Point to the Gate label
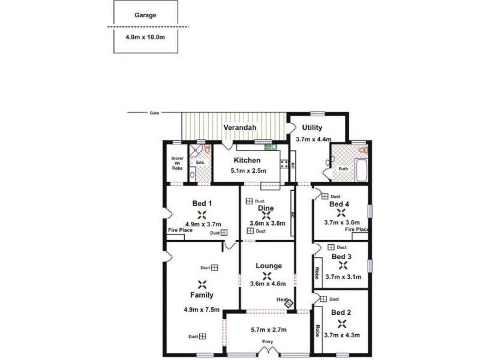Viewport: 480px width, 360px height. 154,113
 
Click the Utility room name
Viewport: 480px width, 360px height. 312,128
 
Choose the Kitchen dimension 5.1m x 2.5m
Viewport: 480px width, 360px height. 247,171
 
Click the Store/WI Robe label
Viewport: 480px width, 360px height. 177,164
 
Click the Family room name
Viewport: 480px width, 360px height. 202,295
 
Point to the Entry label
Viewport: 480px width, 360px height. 268,342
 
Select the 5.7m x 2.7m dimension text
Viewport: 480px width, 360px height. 268,329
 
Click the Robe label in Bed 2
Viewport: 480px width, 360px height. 316,331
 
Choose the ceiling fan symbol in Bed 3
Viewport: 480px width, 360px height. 342,265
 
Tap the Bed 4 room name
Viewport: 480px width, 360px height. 340,204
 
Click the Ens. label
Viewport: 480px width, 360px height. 200,163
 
